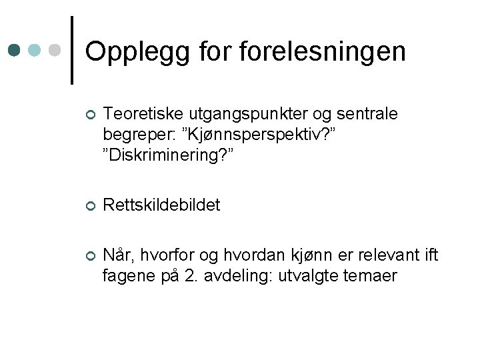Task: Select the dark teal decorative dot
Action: pos(15,50)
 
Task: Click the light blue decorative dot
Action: pos(36,50)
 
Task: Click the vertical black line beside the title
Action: pos(72,50)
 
